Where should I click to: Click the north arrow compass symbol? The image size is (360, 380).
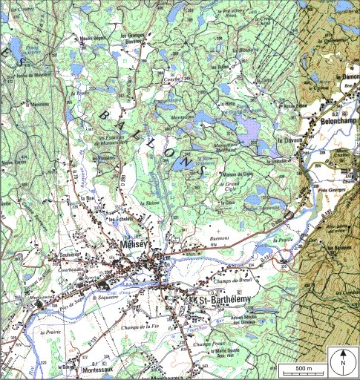[x=343, y=361]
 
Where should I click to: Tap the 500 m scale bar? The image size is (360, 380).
[x=301, y=367]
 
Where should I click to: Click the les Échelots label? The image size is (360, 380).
[x=121, y=220]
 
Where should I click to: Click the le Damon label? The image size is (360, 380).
[x=347, y=77]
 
